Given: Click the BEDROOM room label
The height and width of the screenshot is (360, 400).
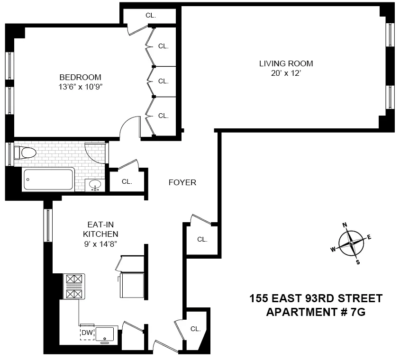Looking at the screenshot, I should (x=80, y=77).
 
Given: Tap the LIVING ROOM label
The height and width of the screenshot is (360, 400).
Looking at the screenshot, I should (x=286, y=63).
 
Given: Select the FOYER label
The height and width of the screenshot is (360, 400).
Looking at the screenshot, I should (x=182, y=182).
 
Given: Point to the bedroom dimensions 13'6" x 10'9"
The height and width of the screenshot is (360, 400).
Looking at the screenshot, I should (x=80, y=87).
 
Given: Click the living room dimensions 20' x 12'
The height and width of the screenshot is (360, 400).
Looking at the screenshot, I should (x=286, y=73).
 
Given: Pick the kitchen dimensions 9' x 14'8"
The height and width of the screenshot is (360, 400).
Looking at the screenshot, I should (x=100, y=243).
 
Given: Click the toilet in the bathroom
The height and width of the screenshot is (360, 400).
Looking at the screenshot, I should (x=26, y=153).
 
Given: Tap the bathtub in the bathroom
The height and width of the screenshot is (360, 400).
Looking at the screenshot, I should (x=49, y=180).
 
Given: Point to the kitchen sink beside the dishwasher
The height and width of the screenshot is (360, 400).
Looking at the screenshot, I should (x=105, y=333).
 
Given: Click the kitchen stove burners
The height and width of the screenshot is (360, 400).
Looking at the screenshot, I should (x=74, y=287).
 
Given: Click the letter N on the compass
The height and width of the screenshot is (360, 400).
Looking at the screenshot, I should (x=345, y=225).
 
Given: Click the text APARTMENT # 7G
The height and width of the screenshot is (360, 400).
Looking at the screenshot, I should (x=316, y=312).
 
